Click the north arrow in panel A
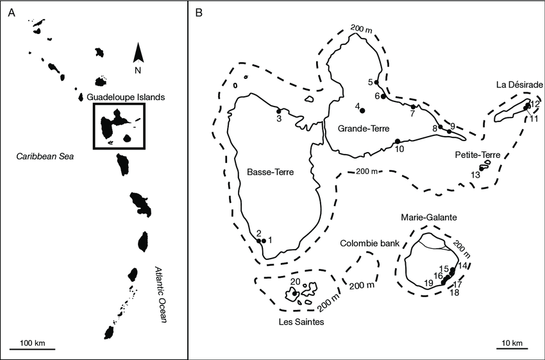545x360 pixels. click(138, 54)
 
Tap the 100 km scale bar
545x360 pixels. click(31, 349)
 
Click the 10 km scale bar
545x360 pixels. click(512, 349)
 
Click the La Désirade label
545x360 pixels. click(519, 85)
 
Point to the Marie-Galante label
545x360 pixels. click(428, 218)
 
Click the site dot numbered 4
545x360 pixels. click(362, 110)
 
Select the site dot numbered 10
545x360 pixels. click(398, 141)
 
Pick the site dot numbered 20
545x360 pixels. click(295, 294)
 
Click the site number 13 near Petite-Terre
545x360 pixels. click(475, 175)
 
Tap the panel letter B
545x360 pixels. click(199, 12)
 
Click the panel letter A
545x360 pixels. click(12, 12)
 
